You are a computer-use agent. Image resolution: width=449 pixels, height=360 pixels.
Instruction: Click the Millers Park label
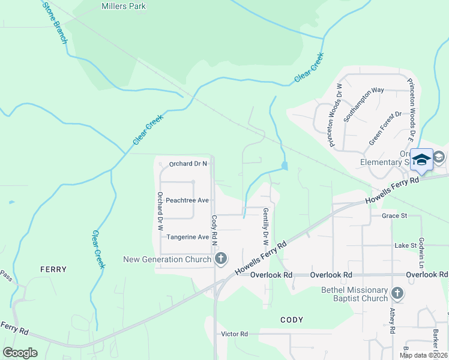123,7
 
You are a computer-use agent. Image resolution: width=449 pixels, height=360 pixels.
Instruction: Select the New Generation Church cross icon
221,259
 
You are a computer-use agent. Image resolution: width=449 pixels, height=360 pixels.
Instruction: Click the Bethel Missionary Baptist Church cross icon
397,293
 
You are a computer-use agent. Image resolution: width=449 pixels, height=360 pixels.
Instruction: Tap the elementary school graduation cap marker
421,160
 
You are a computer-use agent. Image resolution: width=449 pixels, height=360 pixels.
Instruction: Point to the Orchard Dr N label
188,163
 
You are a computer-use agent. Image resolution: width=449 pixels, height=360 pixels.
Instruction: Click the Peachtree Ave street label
187,200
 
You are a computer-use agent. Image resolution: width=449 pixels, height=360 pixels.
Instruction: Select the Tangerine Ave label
187,237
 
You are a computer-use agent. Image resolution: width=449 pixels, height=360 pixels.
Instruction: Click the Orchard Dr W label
160,211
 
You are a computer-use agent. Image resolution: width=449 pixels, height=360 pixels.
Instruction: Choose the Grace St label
394,215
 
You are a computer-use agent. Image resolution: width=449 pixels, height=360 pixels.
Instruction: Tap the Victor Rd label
234,334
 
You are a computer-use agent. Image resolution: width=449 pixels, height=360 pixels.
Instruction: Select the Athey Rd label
392,321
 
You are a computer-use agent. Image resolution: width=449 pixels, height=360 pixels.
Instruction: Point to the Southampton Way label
363,105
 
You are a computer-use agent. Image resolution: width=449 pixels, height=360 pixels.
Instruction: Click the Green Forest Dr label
385,128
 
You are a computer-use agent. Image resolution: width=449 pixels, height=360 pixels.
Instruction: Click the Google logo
20,353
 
